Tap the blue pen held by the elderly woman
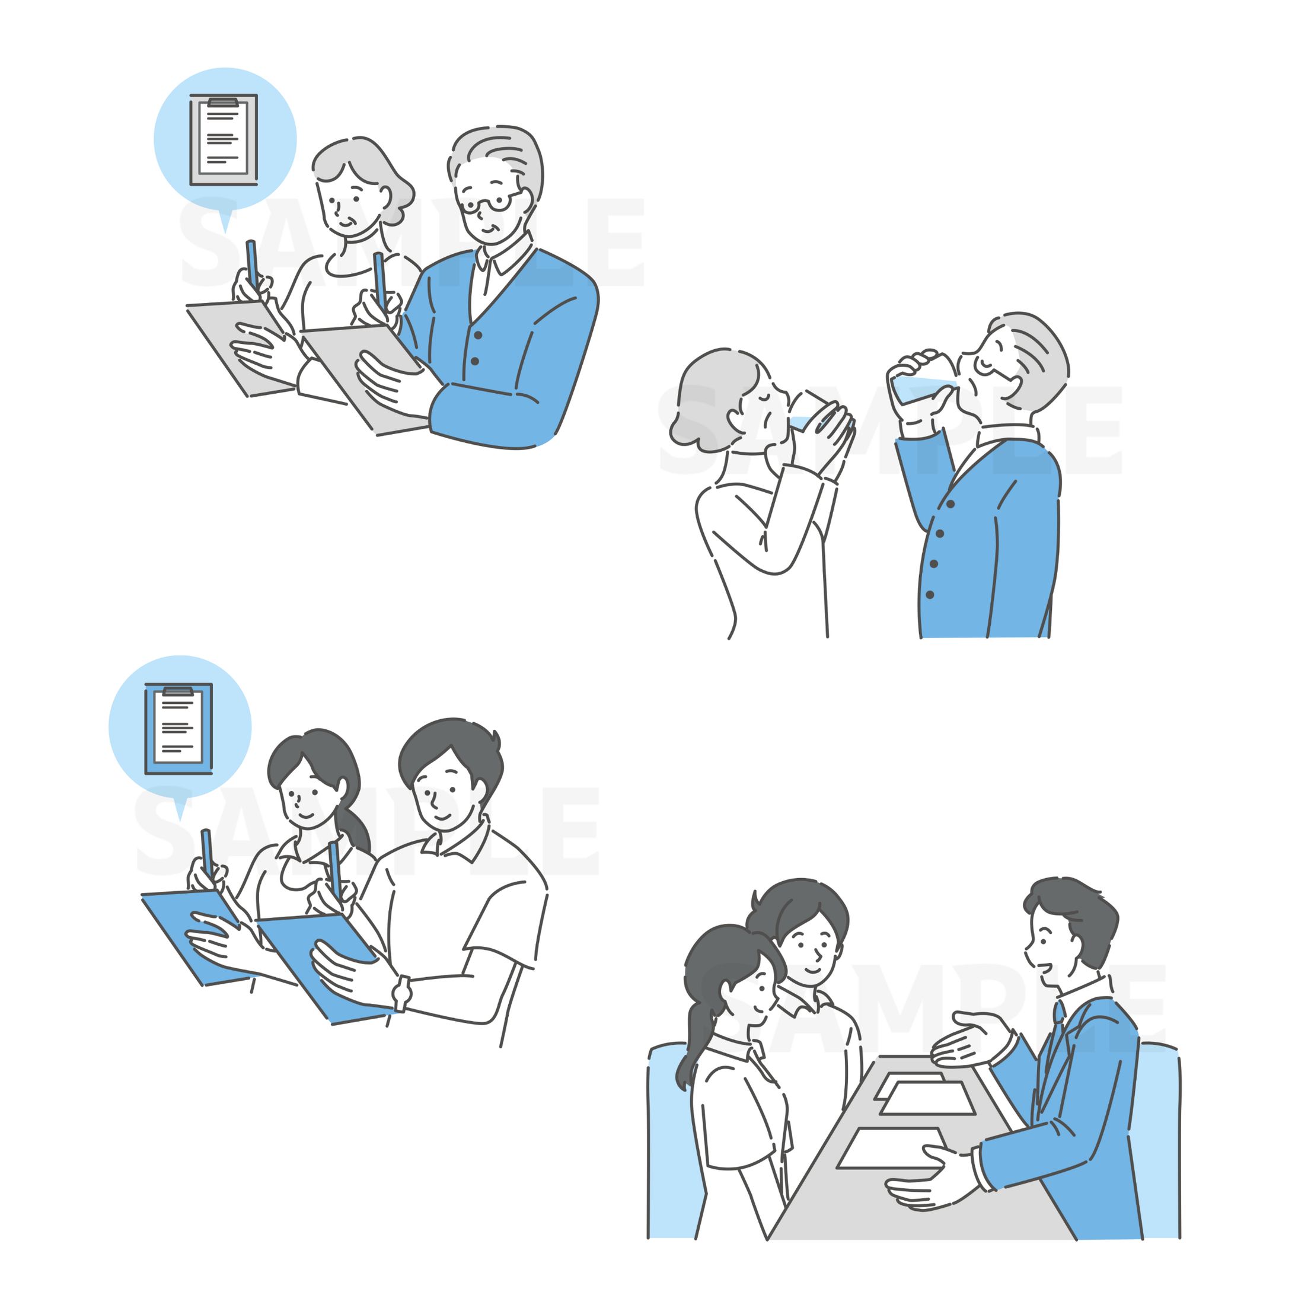tap(252, 261)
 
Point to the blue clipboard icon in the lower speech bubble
tap(179, 729)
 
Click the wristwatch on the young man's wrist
tap(401, 993)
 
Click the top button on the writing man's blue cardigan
tap(479, 335)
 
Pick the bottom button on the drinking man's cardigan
tap(930, 595)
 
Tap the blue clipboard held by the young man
tap(315, 965)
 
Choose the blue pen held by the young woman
tap(207, 852)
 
